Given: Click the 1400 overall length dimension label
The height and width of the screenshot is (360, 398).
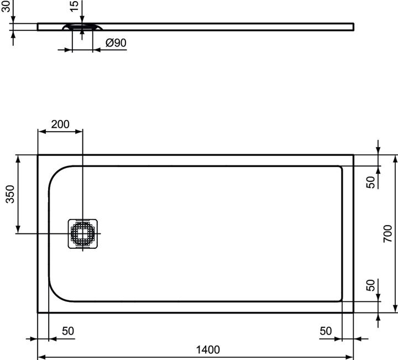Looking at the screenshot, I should click(x=208, y=349).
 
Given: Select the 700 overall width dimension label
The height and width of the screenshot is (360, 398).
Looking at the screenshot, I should click(x=388, y=234).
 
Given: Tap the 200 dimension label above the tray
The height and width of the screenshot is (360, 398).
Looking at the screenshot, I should click(x=60, y=124).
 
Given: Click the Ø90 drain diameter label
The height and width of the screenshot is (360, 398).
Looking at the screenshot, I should click(x=116, y=43).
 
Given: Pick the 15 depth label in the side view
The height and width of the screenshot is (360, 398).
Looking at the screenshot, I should click(x=75, y=7).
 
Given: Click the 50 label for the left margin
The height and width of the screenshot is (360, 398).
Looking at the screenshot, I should click(x=67, y=331).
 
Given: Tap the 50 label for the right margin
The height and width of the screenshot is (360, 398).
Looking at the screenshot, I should click(x=326, y=331).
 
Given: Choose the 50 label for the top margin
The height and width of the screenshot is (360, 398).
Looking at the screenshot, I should click(x=371, y=181).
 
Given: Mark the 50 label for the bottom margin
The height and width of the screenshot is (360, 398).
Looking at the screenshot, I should click(x=371, y=286).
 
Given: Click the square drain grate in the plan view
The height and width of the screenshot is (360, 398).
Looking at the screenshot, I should click(x=83, y=234).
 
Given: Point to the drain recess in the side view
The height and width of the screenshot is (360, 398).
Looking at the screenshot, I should click(x=82, y=27).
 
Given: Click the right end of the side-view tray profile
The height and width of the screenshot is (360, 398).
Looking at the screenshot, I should click(x=352, y=27).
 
